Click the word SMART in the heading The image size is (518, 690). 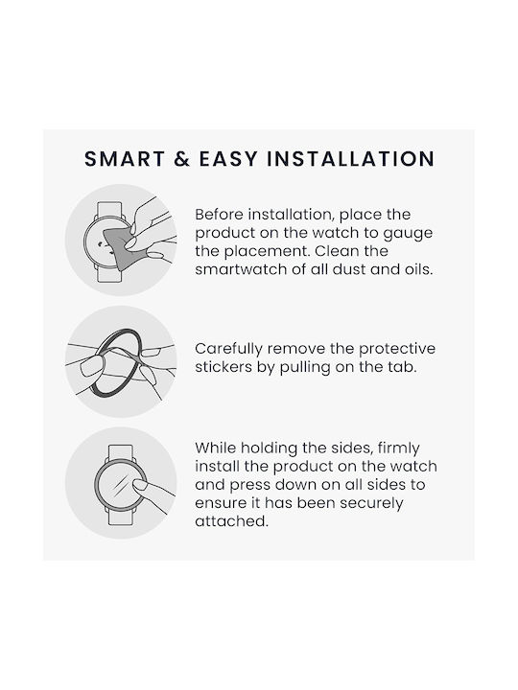[x=125, y=159]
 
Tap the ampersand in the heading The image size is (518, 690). [x=181, y=159]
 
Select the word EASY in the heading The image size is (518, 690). [x=228, y=159]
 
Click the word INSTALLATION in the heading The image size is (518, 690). [x=351, y=159]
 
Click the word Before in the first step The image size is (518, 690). [x=220, y=215]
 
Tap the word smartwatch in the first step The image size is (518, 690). [x=242, y=269]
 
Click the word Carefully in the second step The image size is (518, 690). [x=229, y=350]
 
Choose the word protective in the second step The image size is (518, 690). [x=397, y=350]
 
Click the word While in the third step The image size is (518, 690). [x=216, y=448]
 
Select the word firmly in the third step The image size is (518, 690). [x=399, y=448]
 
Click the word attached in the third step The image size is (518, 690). [x=232, y=521]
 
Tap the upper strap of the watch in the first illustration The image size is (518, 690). [x=108, y=210]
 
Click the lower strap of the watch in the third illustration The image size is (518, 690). [x=121, y=517]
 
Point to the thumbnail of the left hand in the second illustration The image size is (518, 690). [x=92, y=366]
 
